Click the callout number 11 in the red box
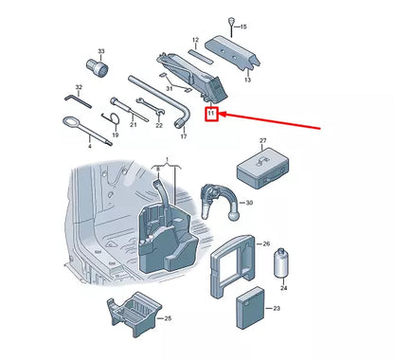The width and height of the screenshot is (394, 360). tap(211, 113)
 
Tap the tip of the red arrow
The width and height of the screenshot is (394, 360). tap(219, 114)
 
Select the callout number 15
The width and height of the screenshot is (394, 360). tap(243, 27)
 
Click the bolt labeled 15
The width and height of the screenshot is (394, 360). tap(231, 27)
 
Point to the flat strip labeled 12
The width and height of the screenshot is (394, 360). tap(201, 56)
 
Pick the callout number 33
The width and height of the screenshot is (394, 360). tap(101, 51)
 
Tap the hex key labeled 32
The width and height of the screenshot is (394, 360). tap(78, 101)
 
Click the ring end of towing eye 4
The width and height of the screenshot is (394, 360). tap(71, 121)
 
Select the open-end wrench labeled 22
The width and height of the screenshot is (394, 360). tap(150, 107)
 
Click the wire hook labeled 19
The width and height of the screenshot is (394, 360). tap(111, 117)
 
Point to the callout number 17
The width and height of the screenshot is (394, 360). tap(184, 136)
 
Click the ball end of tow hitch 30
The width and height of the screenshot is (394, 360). tap(233, 215)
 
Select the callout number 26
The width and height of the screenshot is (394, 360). tap(266, 243)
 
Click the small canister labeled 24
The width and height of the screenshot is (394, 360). tap(281, 263)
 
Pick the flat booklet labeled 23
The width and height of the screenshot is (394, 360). tap(251, 308)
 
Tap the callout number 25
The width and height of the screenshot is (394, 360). tap(168, 318)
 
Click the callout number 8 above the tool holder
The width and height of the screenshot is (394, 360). tap(158, 170)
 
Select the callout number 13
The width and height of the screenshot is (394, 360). tap(247, 80)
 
